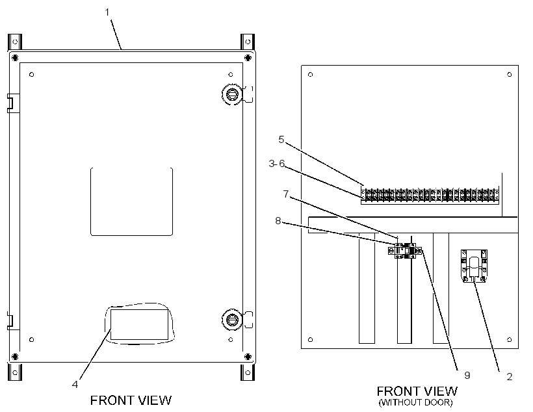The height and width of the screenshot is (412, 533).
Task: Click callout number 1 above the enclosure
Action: point(107,12)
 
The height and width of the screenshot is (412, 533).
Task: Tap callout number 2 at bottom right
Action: point(509,377)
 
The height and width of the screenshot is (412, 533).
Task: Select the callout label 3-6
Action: point(277,164)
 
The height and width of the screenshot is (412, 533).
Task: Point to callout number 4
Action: point(75,384)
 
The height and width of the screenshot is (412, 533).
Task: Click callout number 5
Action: point(281,139)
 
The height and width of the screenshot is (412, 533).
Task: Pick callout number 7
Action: point(286,194)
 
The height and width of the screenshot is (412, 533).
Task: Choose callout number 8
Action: point(278,221)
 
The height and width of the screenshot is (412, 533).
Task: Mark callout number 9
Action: point(467,376)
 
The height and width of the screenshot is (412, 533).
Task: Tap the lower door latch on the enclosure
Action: point(232,320)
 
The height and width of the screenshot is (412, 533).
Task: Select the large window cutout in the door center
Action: point(131,201)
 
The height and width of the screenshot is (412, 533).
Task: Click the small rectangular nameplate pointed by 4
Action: point(139,324)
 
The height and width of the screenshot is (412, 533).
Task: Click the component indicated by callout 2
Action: point(474,266)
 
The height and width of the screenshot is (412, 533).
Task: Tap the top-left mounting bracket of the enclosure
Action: point(15,42)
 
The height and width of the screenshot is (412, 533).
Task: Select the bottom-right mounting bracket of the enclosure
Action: point(248,372)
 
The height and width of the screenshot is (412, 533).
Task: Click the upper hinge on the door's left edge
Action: point(11,103)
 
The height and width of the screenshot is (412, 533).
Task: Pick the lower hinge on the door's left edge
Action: point(11,321)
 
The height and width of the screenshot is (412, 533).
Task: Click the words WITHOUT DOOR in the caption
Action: point(416,402)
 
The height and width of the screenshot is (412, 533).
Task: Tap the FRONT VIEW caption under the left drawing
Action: point(131,400)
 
